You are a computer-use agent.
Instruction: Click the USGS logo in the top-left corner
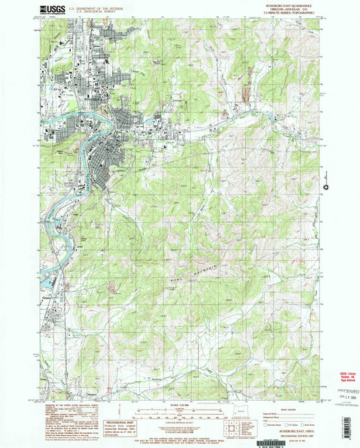(53, 9)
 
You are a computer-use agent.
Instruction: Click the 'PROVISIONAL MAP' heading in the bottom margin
(118, 412)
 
